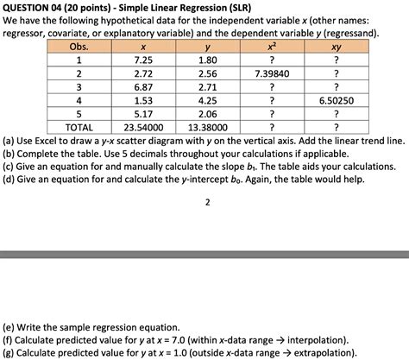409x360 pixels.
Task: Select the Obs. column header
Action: click(79, 46)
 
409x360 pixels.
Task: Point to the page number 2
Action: click(208, 204)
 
